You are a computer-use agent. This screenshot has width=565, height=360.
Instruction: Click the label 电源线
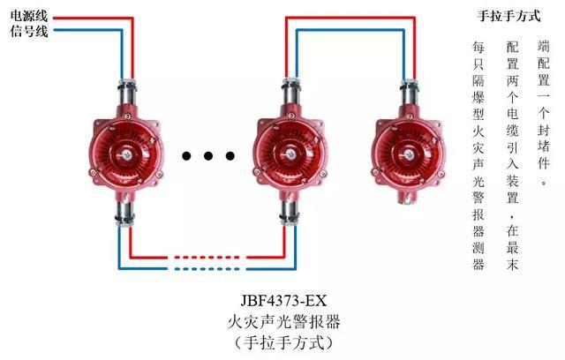[x=29, y=16]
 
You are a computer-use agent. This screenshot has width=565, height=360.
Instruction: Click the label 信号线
[x=29, y=31]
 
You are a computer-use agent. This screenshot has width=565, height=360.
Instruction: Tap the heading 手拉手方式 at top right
[x=509, y=16]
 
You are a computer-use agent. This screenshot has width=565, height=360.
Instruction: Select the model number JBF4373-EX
[x=283, y=300]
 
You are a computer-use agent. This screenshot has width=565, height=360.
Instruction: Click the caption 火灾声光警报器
[x=283, y=321]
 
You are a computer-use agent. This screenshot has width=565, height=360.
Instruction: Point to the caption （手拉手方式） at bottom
[x=283, y=342]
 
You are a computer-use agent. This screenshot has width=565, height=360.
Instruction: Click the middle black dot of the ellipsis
[x=208, y=156]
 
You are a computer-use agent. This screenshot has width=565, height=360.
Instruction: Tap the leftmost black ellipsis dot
[x=186, y=156]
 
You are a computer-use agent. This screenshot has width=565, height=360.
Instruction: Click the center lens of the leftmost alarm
[x=126, y=154]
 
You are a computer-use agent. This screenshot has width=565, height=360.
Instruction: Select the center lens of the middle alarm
[x=291, y=154]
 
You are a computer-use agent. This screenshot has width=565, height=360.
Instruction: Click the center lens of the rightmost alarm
[x=409, y=154]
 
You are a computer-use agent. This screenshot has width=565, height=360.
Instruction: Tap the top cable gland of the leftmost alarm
[x=127, y=93]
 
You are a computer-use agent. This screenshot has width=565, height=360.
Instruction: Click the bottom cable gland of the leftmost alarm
[x=124, y=214]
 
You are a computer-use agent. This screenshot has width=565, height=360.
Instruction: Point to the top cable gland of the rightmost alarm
[x=409, y=94]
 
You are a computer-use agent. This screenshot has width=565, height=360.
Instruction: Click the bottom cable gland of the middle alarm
[x=290, y=214]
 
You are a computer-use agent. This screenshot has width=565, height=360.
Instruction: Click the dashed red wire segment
[x=207, y=258]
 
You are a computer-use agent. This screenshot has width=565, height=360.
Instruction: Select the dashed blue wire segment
[x=207, y=268]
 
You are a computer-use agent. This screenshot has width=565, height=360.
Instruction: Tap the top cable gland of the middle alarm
[x=291, y=93]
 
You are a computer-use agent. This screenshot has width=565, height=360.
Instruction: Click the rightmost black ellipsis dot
[x=230, y=156]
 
